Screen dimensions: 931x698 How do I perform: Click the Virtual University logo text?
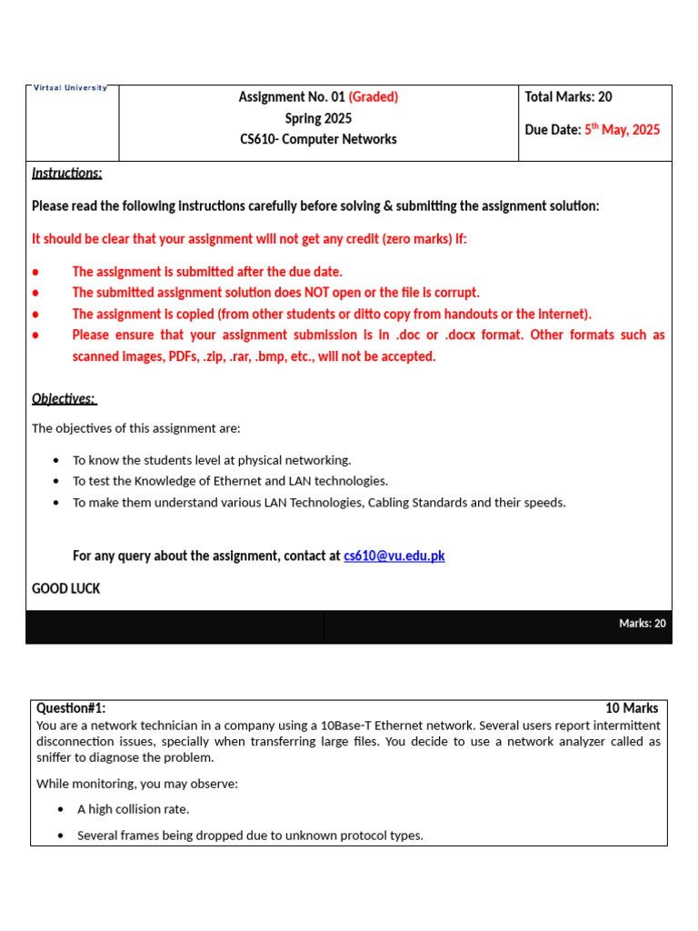click(71, 88)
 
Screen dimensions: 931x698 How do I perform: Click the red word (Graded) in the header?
click(374, 97)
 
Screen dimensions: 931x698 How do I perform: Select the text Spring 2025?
click(318, 118)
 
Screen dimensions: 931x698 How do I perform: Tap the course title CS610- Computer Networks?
click(318, 139)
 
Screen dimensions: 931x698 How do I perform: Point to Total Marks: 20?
click(568, 97)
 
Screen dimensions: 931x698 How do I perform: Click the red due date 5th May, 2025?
click(622, 130)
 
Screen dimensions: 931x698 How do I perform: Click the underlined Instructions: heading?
click(67, 173)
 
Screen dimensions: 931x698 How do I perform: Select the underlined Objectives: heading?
click(64, 398)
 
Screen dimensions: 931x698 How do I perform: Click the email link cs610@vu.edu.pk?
click(394, 556)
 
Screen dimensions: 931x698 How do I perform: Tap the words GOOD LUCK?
click(66, 588)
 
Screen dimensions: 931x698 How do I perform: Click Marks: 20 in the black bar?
click(642, 623)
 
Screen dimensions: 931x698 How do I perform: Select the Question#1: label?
click(71, 708)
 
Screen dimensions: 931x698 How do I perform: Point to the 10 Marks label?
click(632, 708)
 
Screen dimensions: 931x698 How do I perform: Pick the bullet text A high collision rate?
click(134, 809)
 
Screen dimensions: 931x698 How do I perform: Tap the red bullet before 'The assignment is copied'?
click(35, 315)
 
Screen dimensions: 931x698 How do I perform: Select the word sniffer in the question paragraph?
click(55, 757)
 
